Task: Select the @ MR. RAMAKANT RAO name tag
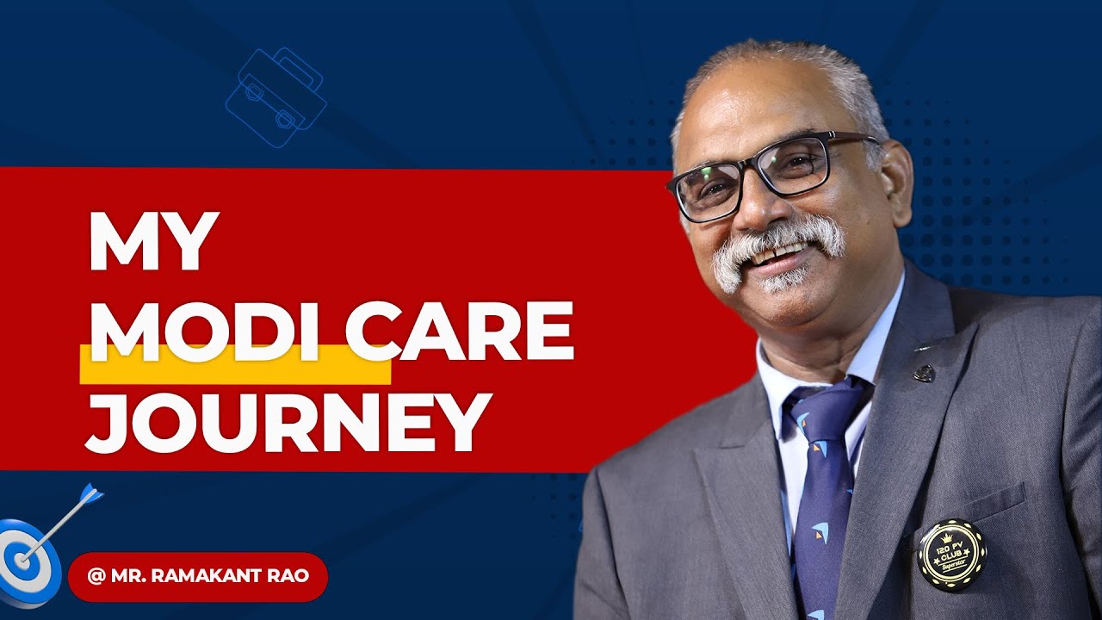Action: point(198,576)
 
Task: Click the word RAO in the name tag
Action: point(289,576)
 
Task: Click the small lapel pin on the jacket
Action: point(924,373)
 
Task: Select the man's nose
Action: point(758,207)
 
